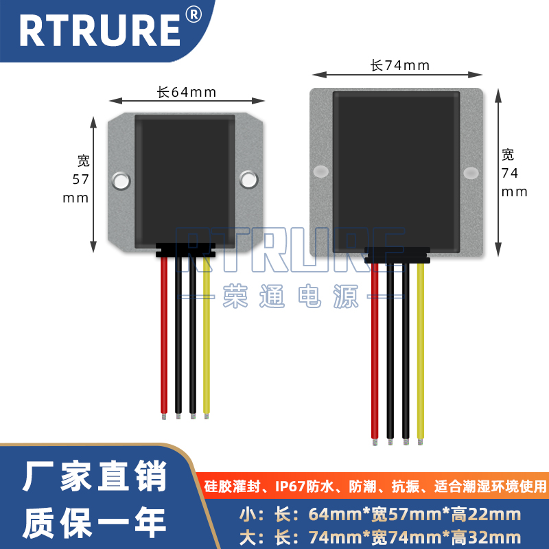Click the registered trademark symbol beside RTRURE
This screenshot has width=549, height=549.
pyautogui.click(x=194, y=16)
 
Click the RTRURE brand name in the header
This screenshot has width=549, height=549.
pyautogui.click(x=99, y=30)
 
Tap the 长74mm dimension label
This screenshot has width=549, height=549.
pyautogui.click(x=399, y=66)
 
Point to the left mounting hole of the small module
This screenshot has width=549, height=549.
pyautogui.click(x=121, y=180)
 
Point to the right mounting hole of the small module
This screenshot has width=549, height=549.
pyautogui.click(x=247, y=180)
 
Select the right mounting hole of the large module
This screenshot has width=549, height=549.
pyautogui.click(x=471, y=172)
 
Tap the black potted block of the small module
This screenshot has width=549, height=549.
pyautogui.click(x=185, y=178)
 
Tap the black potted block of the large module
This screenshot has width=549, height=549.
pyautogui.click(x=396, y=168)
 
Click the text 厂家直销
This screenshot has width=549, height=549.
pyautogui.click(x=95, y=478)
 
